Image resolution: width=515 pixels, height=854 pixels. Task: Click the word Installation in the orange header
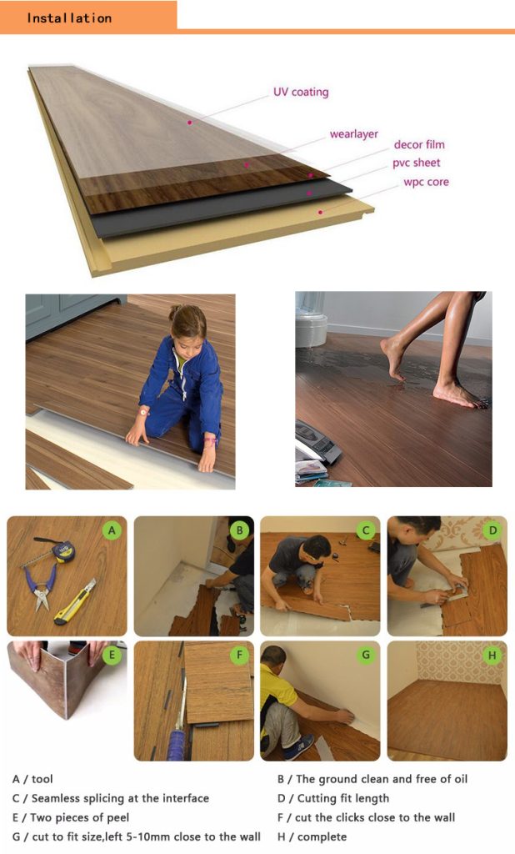click(69, 18)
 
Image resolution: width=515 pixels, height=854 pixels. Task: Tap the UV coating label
click(301, 92)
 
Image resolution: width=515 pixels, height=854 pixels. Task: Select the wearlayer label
click(354, 134)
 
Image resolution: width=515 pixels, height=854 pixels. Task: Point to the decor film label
click(419, 144)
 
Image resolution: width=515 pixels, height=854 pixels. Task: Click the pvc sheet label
click(417, 163)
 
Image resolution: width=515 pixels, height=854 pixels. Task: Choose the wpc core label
click(427, 182)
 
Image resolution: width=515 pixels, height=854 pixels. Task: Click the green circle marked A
click(112, 530)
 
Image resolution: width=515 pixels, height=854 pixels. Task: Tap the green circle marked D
click(492, 530)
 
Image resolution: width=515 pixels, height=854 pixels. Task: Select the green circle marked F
click(239, 655)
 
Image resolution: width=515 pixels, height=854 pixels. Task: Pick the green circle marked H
click(492, 655)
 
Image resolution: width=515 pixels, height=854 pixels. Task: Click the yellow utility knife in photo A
click(75, 602)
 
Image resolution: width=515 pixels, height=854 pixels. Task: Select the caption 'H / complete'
click(312, 836)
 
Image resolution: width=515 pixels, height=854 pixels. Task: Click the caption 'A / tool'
click(32, 779)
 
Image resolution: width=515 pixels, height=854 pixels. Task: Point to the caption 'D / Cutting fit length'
click(333, 798)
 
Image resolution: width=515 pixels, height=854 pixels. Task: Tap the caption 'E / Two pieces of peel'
click(71, 817)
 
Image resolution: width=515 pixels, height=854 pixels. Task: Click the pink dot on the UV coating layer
click(189, 123)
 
